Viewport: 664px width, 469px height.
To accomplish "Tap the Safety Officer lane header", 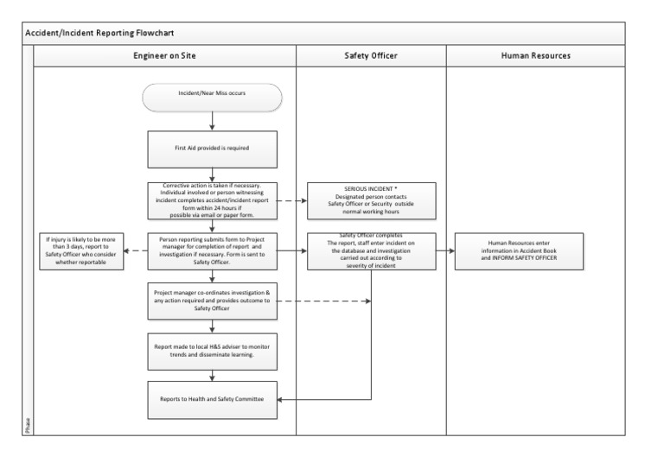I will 371,55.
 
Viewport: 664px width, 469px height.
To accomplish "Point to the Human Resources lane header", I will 535,55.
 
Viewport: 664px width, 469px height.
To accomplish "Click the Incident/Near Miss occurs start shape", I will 212,97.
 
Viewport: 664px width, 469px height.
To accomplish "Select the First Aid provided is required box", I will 212,148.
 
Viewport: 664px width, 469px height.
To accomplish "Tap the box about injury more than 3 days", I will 82,250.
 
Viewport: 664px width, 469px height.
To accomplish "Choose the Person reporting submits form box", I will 212,250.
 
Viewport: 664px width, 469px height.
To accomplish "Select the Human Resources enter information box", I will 520,250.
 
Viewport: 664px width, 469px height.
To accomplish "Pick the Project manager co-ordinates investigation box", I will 212,301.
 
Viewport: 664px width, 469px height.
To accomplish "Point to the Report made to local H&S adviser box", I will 212,349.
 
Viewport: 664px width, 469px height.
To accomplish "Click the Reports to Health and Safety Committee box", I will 212,399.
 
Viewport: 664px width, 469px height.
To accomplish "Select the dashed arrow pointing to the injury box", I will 135,250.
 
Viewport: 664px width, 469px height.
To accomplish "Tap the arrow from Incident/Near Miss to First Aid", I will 212,121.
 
